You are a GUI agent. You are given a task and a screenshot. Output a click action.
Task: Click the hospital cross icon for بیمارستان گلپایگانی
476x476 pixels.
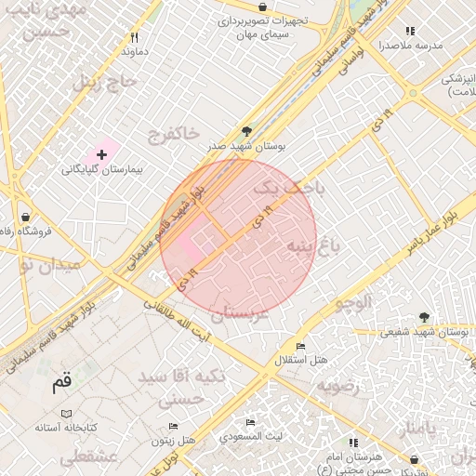(x=101, y=152)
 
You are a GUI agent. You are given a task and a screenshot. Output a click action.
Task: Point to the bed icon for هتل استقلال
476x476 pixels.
(x=299, y=346)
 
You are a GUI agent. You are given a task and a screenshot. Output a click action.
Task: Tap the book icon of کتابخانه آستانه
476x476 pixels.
(x=65, y=413)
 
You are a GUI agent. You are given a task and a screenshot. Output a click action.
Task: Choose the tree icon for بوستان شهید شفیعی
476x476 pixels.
(x=424, y=317)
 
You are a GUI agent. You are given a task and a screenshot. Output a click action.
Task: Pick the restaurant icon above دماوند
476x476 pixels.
(x=135, y=37)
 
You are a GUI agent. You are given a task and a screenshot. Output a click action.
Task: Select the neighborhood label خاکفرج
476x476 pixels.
(x=173, y=135)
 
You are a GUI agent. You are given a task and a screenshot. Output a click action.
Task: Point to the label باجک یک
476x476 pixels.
(x=290, y=188)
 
